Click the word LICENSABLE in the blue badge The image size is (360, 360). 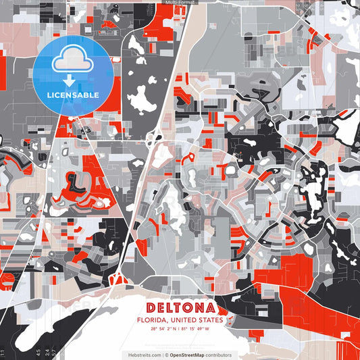click(72, 95)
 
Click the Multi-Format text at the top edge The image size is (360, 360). click(179, 3)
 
